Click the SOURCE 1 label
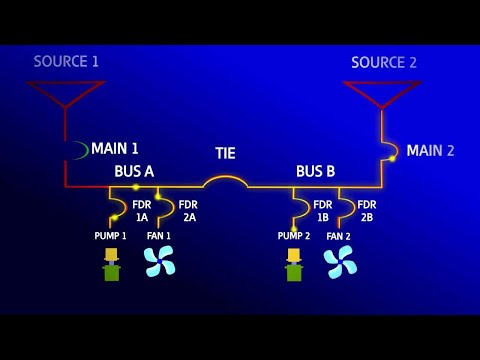click(66, 62)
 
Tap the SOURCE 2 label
click(384, 63)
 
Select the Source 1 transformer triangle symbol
click(66, 93)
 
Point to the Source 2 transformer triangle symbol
click(382, 93)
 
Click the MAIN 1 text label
click(115, 149)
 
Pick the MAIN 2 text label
click(430, 151)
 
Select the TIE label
click(226, 154)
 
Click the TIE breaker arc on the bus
click(225, 181)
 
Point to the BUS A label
click(134, 172)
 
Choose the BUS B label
click(315, 172)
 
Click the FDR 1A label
click(142, 211)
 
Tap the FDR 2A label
click(188, 211)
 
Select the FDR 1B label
click(323, 211)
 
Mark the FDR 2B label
click(367, 211)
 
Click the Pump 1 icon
click(112, 264)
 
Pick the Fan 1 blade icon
click(159, 261)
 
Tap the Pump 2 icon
click(294, 264)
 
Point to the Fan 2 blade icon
click(340, 261)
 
